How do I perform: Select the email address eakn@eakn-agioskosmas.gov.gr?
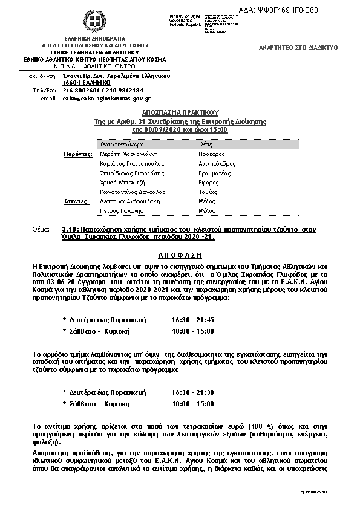click(x=106, y=98)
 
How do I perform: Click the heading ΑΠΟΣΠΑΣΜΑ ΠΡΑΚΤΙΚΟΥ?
click(x=180, y=112)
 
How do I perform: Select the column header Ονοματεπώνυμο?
click(x=122, y=145)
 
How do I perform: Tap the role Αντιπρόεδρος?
click(x=217, y=164)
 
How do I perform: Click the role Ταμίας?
click(x=207, y=192)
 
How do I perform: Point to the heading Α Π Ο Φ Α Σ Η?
click(x=180, y=255)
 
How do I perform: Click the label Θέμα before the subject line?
click(x=45, y=230)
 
